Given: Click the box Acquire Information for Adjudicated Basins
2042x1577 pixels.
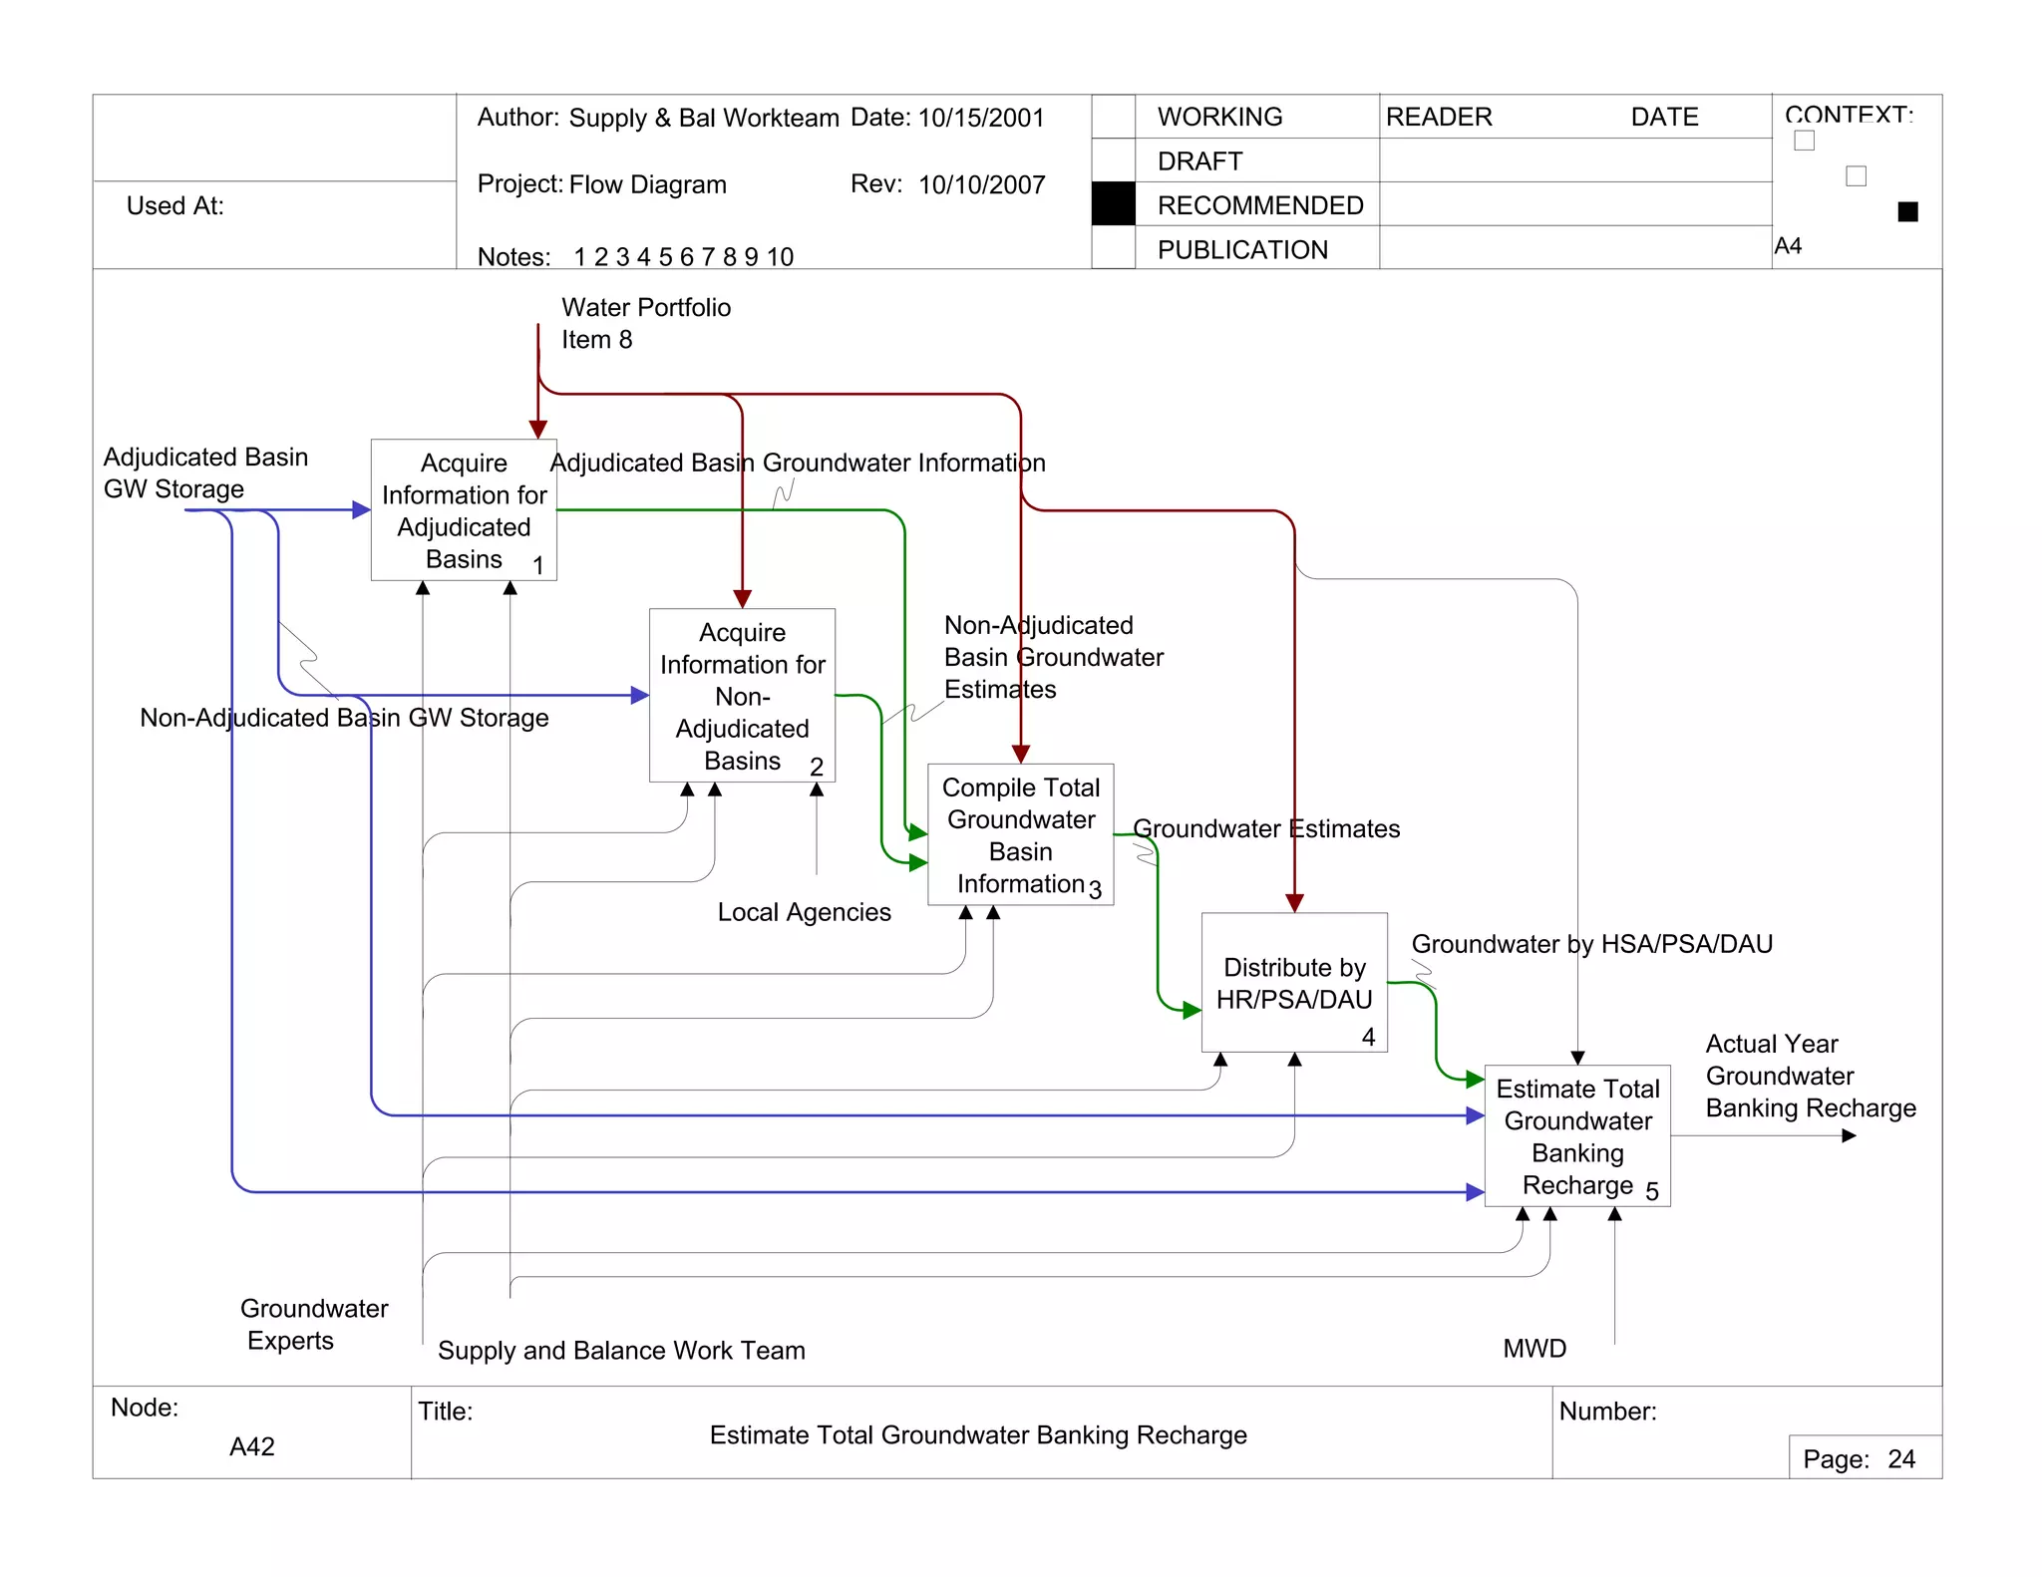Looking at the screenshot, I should point(464,510).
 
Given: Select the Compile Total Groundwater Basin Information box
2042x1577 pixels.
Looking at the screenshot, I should point(1020,834).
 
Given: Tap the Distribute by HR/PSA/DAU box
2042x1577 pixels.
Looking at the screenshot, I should point(1293,983).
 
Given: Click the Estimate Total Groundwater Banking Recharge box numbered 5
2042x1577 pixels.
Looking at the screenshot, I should point(1576,1135).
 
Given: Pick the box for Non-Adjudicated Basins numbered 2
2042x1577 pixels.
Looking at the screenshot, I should point(742,696).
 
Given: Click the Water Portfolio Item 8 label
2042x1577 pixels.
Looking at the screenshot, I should point(644,323).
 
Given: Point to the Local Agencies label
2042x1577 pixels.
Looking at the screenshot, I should point(804,912).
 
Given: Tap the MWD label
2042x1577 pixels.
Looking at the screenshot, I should point(1533,1349).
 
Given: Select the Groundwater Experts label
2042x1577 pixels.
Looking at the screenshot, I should point(312,1324).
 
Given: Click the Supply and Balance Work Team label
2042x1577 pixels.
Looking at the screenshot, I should point(620,1351).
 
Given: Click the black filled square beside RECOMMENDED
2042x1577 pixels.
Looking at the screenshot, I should point(1113,204).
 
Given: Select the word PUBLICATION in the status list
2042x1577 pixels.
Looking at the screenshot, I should point(1241,249).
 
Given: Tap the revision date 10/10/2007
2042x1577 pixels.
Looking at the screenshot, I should point(981,184).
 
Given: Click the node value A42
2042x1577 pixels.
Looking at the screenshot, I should point(251,1446).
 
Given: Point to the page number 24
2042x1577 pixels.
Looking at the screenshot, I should point(1900,1459).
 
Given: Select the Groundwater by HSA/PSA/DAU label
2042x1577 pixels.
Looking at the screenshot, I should point(1591,944).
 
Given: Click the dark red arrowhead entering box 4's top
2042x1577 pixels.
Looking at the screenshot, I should point(1294,903).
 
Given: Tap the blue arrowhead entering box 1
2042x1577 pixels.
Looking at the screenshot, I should point(362,510).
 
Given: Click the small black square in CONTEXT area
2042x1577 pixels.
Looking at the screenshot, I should point(1907,211).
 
